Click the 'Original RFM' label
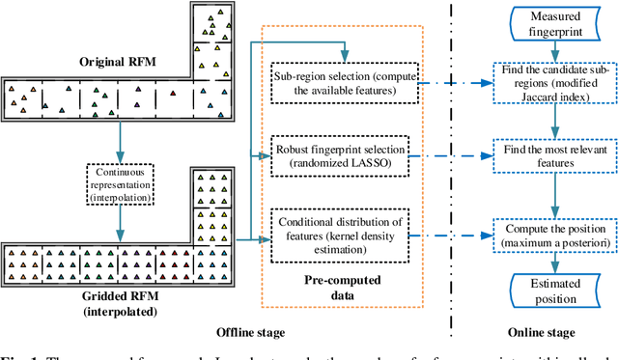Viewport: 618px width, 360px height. point(98,61)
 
